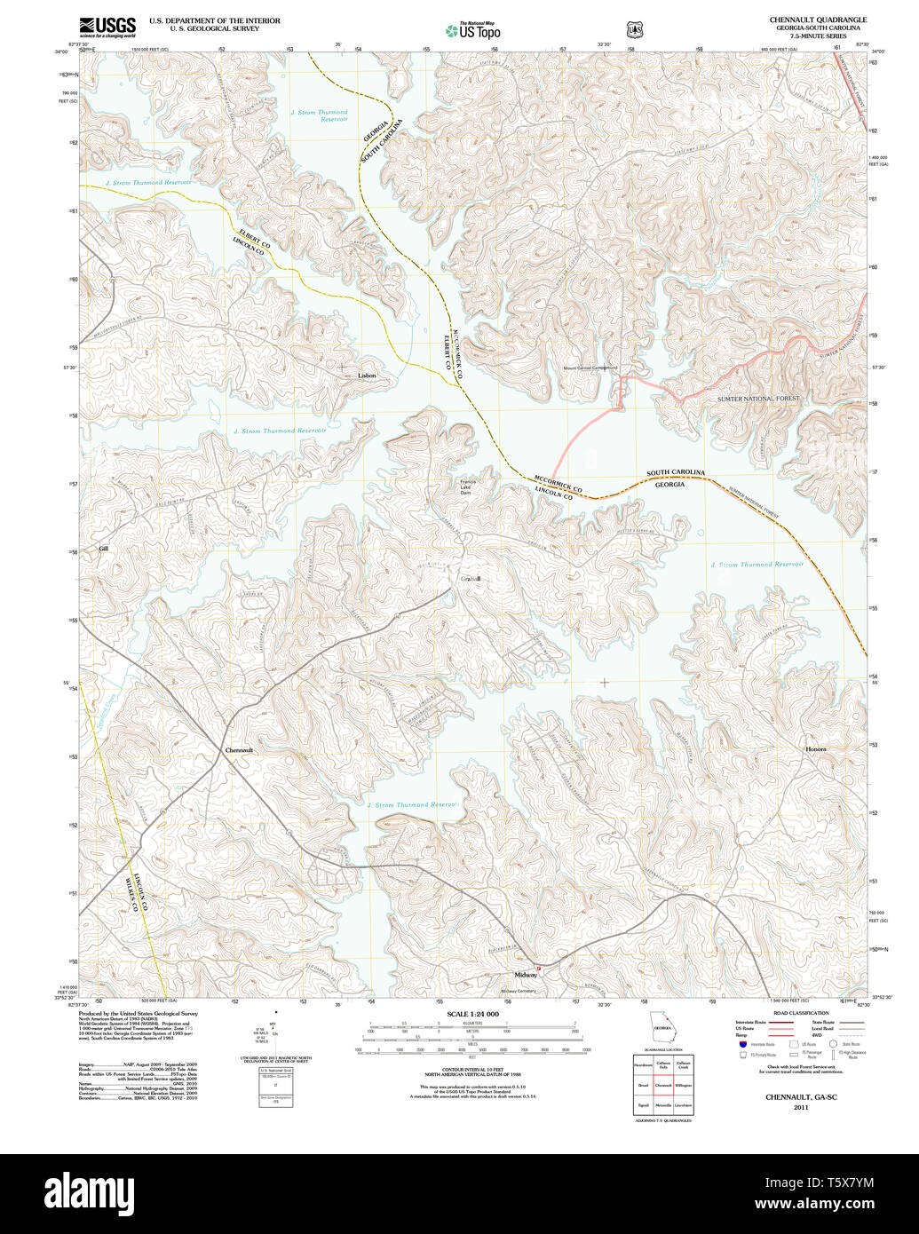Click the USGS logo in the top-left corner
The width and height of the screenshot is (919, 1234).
pos(107,27)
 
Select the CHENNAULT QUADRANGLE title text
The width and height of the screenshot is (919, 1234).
pos(818,20)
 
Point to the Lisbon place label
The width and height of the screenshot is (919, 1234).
pos(367,376)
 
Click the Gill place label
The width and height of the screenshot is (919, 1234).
pos(104,549)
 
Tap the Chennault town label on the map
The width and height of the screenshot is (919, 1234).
pos(239,750)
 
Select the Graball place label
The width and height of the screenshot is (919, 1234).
pos(471,579)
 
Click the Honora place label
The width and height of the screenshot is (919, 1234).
pos(815,749)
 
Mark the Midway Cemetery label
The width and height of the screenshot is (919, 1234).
pos(519,991)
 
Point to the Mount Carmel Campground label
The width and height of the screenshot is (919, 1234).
pos(590,368)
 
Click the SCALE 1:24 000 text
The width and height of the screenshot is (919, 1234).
pos(472,1014)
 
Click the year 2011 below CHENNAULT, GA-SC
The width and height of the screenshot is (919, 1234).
pos(801,1108)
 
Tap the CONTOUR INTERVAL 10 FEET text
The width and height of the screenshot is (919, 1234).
pos(472,1072)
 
